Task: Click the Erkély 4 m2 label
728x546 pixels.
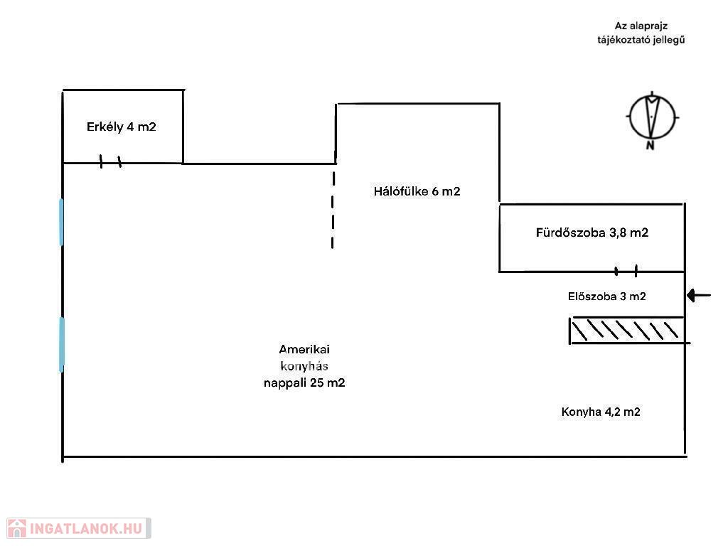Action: (121, 127)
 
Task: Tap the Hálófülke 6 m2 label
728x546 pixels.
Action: (417, 191)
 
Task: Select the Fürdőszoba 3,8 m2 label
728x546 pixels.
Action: (591, 232)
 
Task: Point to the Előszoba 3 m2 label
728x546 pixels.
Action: (606, 296)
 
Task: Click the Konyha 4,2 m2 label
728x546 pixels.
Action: (601, 412)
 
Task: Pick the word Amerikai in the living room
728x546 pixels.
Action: (304, 349)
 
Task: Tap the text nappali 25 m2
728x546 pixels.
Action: (304, 382)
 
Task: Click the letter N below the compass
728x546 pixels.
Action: (650, 146)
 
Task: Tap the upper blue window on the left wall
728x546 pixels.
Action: (62, 222)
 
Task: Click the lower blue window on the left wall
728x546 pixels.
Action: (62, 344)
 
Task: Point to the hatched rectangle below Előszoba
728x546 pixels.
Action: (628, 331)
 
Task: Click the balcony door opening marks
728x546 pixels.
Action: (110, 162)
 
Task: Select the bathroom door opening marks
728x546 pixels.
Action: (626, 271)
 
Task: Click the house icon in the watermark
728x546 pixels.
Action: (16, 528)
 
